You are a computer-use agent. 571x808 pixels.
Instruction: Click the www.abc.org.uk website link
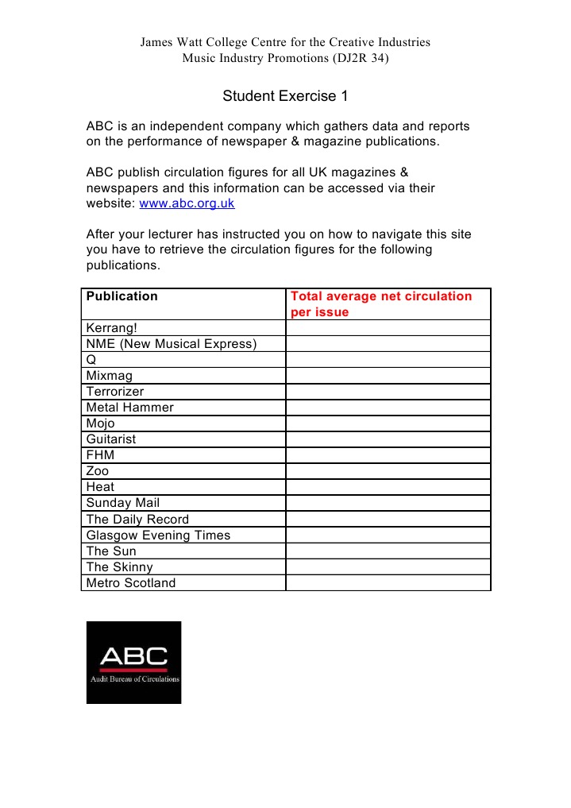pyautogui.click(x=187, y=203)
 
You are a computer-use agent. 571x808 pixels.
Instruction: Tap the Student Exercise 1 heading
pyautogui.click(x=285, y=96)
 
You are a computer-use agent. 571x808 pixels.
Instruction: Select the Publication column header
pyautogui.click(x=122, y=296)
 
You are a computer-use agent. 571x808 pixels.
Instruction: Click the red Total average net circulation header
pyautogui.click(x=381, y=303)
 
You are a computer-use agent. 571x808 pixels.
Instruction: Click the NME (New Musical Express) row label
pyautogui.click(x=172, y=344)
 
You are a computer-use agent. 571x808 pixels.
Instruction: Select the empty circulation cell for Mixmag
pyautogui.click(x=388, y=376)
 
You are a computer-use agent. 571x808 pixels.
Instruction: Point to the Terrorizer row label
pyautogui.click(x=115, y=392)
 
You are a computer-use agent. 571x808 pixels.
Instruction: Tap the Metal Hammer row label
pyautogui.click(x=129, y=408)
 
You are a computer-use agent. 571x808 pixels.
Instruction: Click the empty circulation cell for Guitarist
pyautogui.click(x=388, y=439)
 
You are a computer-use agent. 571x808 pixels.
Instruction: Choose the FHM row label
pyautogui.click(x=100, y=455)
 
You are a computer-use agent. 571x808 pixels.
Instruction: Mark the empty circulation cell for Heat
pyautogui.click(x=388, y=487)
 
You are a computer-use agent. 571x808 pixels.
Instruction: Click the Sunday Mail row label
pyautogui.click(x=122, y=503)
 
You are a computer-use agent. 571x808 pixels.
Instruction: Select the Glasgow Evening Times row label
pyautogui.click(x=158, y=535)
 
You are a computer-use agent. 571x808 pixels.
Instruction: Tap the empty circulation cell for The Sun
pyautogui.click(x=388, y=551)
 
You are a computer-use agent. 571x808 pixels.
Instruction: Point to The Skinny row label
pyautogui.click(x=119, y=567)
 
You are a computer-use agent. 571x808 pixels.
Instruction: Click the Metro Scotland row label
pyautogui.click(x=130, y=583)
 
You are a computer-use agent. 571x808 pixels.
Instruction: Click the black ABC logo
pyautogui.click(x=133, y=663)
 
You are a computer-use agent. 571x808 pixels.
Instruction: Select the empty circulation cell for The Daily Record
pyautogui.click(x=388, y=520)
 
